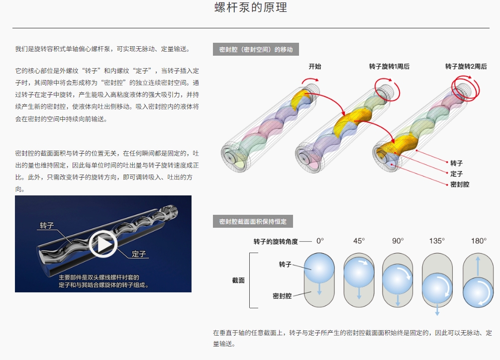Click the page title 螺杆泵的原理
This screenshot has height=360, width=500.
[x=251, y=7]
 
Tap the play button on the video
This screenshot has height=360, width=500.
[x=103, y=244]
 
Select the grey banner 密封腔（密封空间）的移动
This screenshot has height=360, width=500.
[x=256, y=49]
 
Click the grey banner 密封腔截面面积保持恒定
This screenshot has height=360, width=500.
[x=253, y=221]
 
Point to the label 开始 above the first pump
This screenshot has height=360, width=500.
[x=315, y=66]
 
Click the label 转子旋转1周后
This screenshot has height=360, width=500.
[x=389, y=66]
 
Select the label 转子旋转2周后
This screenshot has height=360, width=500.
[x=466, y=66]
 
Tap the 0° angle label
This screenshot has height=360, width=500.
[x=320, y=241]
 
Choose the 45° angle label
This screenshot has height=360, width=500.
[x=359, y=241]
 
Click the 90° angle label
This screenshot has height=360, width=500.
[x=398, y=241]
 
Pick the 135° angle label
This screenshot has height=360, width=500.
[x=436, y=241]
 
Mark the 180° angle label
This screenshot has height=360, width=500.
[x=479, y=241]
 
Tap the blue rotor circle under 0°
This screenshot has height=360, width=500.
[x=319, y=268]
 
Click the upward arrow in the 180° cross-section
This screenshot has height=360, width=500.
[x=478, y=266]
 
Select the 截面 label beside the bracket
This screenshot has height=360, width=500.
[x=238, y=280]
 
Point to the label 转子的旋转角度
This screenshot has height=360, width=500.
[x=276, y=242]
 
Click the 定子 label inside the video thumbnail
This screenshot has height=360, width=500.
[x=139, y=254]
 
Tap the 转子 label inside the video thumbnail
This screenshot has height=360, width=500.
[x=47, y=226]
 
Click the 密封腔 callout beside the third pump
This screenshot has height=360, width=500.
[x=460, y=184]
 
